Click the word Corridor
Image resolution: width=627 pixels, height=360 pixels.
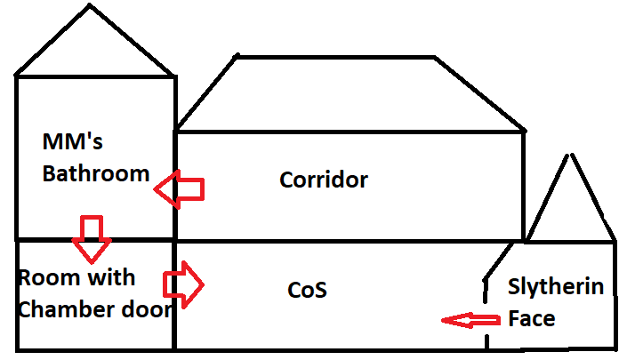pos(324,180)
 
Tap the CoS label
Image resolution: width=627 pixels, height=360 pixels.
pos(308,290)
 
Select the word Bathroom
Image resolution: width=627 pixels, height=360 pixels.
pos(96,173)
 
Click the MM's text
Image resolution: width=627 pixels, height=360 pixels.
pos(74,142)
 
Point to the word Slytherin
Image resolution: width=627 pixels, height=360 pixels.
pos(556,287)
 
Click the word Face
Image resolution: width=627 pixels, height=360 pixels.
pos(532,317)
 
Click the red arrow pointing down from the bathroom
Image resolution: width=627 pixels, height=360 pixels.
pos(91,233)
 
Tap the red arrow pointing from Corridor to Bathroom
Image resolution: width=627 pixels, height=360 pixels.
pos(180,188)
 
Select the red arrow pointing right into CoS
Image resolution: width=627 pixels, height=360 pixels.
pos(183,284)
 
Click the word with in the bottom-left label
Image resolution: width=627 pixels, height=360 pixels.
pos(112,278)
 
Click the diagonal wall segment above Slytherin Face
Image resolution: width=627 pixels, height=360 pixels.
pos(499,259)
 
